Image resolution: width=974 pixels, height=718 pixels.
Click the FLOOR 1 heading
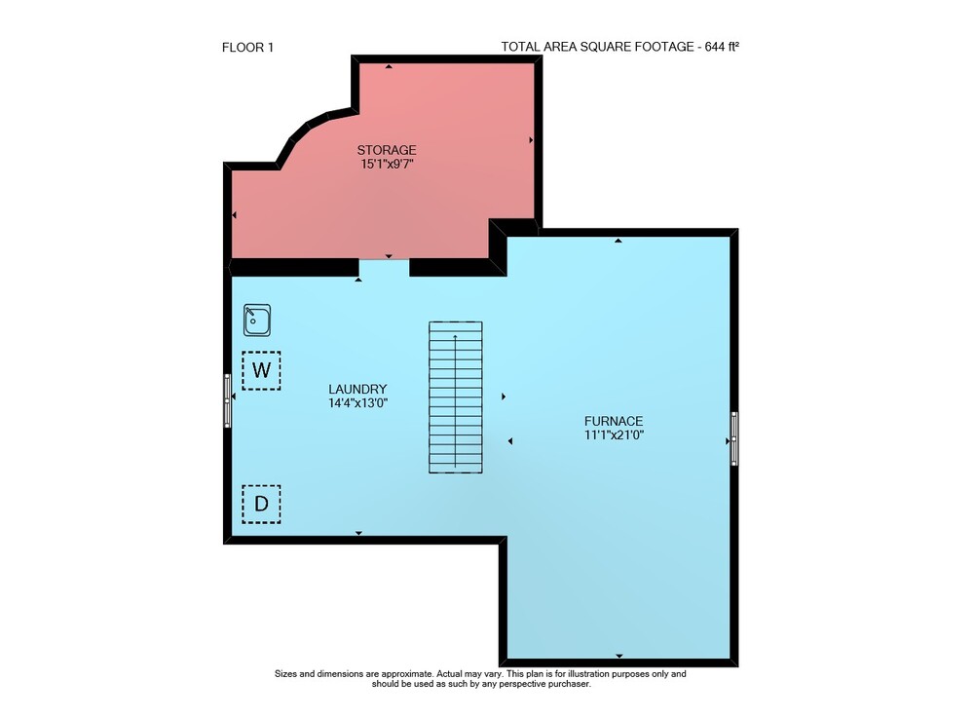247,47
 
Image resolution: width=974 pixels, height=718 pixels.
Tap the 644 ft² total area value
722,47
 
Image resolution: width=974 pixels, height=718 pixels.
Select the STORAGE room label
387,150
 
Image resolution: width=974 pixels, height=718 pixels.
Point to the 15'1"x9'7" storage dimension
387,165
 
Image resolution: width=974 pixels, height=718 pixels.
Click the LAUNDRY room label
357,390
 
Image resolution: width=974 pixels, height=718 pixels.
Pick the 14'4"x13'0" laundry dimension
357,403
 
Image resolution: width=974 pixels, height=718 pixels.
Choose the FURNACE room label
614,421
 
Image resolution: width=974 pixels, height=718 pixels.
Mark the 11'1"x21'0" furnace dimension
614,435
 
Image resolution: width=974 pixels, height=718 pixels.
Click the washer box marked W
261,371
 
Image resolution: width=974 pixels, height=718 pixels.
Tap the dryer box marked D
261,504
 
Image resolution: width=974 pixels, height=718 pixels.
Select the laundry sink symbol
257,320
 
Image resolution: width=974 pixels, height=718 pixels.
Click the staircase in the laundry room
455,397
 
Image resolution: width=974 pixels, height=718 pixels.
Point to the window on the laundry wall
227,400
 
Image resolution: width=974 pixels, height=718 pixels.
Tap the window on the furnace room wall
734,438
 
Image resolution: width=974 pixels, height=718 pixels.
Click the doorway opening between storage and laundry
384,268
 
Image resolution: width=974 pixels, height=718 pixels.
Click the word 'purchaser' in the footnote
569,685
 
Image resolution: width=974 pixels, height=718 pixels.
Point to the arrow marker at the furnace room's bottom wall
619,656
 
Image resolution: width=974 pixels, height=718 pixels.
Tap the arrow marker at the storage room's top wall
389,66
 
